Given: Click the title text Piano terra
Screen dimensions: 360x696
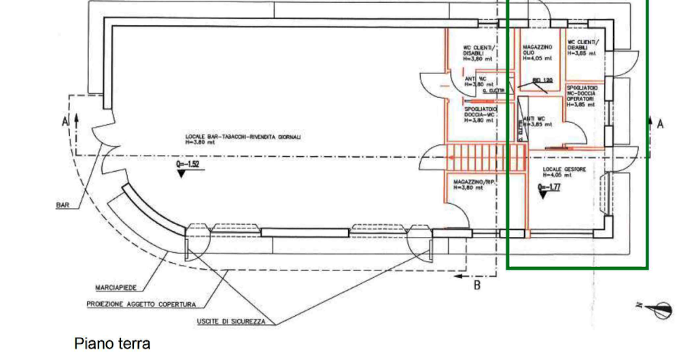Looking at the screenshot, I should (x=112, y=344).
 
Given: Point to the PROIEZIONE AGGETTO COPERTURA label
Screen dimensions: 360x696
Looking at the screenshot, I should (x=141, y=304).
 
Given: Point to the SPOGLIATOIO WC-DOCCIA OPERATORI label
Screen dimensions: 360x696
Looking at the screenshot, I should (x=582, y=96).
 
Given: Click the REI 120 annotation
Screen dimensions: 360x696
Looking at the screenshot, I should (x=541, y=81).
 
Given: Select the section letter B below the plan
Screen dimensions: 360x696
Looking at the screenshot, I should (x=477, y=285).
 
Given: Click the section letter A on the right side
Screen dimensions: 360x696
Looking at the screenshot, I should (x=659, y=123).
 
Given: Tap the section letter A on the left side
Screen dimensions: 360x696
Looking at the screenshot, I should (x=65, y=122).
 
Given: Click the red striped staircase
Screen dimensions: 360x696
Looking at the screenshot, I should (x=487, y=158).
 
